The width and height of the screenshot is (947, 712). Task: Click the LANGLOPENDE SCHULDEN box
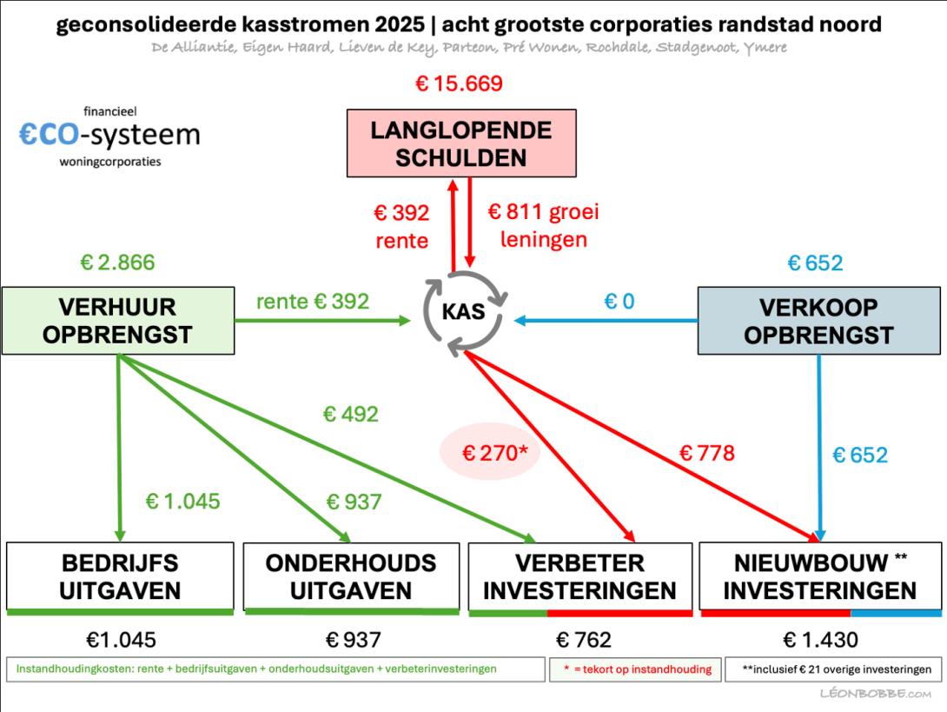(x=461, y=143)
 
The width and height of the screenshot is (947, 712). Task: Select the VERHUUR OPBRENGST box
(x=118, y=320)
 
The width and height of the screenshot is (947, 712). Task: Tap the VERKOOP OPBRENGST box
(x=819, y=320)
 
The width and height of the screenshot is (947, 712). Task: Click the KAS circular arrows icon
(x=465, y=312)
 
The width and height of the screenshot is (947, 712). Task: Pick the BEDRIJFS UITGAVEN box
(x=120, y=576)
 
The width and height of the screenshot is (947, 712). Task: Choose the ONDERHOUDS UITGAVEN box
(x=351, y=576)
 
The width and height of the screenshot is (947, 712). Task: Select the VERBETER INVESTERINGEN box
(x=580, y=576)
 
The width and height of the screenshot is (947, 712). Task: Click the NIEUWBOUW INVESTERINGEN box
(x=820, y=576)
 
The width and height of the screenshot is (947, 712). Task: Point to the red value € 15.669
(x=459, y=83)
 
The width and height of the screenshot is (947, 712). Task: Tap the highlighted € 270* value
(x=494, y=452)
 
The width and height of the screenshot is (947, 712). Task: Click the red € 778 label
(x=706, y=453)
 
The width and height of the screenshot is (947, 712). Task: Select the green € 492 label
(x=350, y=414)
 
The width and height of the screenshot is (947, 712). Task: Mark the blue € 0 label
(x=619, y=301)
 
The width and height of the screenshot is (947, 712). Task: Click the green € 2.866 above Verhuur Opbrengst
(x=117, y=263)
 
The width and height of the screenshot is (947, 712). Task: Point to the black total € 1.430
(x=820, y=640)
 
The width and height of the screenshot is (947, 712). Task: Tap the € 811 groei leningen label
(x=544, y=225)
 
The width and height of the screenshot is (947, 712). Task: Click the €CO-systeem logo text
(x=109, y=135)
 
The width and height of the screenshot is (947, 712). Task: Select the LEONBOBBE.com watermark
(x=875, y=693)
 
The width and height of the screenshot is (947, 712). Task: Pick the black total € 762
(x=584, y=640)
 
